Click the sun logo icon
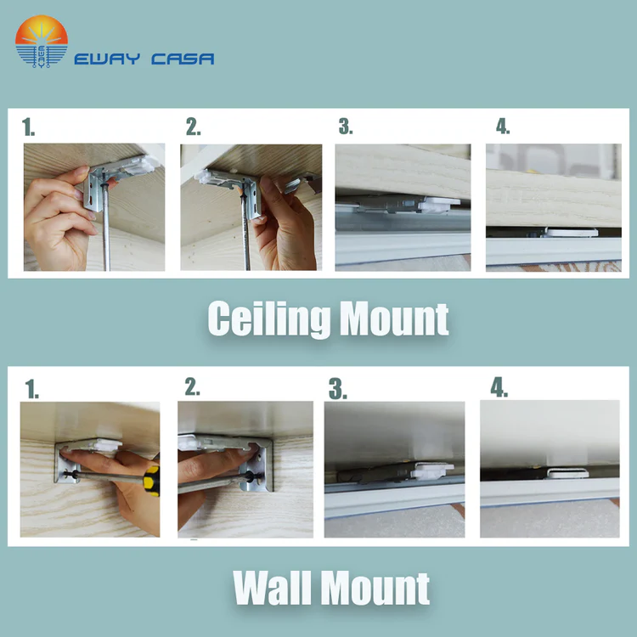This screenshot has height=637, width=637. click(42, 42)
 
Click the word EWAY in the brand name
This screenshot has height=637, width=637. click(107, 59)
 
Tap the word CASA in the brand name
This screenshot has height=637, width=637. click(183, 59)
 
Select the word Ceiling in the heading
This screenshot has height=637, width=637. click(269, 319)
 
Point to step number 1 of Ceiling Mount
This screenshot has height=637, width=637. click(28, 127)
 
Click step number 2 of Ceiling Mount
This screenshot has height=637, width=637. click(194, 127)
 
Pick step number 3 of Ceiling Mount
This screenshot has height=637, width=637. click(346, 126)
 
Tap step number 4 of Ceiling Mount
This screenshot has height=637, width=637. click(503, 127)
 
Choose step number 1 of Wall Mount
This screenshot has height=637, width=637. click(32, 389)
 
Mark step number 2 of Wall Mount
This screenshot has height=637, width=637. click(192, 386)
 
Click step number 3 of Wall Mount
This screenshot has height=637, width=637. click(337, 389)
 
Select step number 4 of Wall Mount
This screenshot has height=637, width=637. click(499, 387)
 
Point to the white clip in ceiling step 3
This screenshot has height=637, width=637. click(439, 205)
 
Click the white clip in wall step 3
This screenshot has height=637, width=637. click(431, 471)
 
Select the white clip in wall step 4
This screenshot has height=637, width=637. click(567, 473)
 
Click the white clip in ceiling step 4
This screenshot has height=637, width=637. click(572, 233)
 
